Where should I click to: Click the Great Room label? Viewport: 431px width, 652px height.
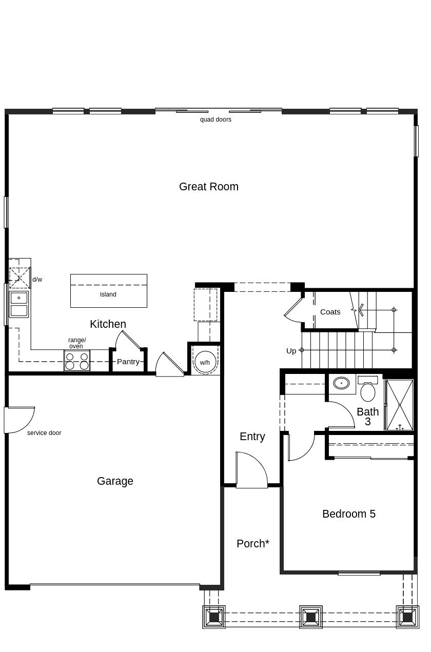click(208, 187)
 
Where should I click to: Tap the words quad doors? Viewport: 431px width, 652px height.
click(215, 120)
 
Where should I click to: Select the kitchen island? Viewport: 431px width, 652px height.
click(109, 291)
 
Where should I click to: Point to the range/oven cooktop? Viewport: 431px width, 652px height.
click(77, 361)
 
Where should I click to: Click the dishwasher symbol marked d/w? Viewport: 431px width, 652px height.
click(19, 278)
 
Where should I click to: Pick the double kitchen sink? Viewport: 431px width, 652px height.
click(19, 304)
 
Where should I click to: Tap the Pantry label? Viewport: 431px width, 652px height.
click(128, 362)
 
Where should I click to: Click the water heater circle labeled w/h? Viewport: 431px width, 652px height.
click(205, 362)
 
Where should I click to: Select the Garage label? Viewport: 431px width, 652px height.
click(115, 481)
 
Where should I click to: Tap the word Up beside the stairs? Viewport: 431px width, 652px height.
click(291, 351)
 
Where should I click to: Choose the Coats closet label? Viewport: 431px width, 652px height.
click(330, 312)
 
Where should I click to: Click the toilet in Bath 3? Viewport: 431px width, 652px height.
click(368, 388)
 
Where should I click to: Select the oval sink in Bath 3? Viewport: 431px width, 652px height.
click(341, 383)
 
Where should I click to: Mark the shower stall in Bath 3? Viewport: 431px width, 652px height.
click(400, 405)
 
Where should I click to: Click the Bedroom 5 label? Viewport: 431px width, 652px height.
click(349, 514)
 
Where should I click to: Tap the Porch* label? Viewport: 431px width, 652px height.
click(253, 544)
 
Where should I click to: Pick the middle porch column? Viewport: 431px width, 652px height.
click(311, 617)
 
